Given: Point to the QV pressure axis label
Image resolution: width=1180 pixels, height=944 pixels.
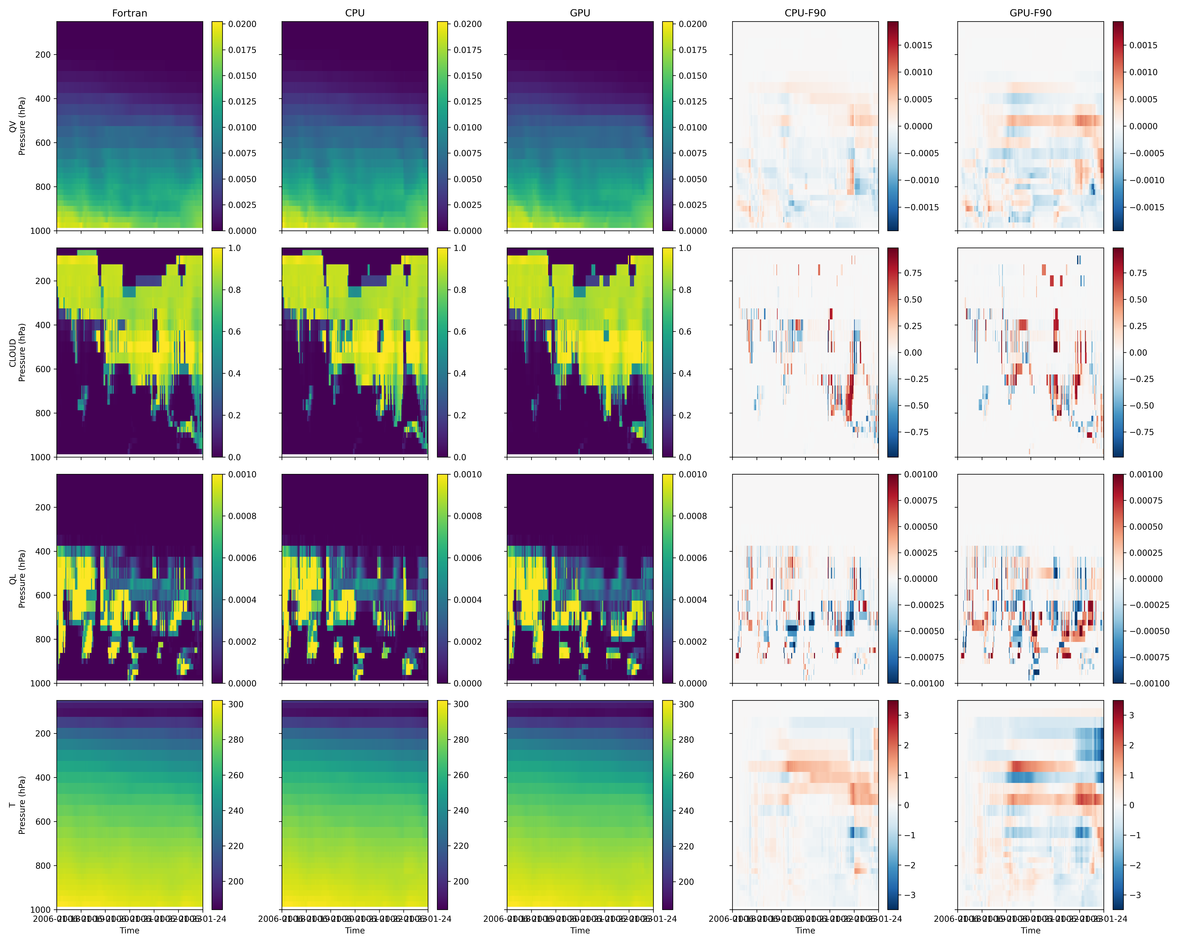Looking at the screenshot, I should point(18,126).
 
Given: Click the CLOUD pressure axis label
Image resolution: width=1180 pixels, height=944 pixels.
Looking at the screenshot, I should point(18,352).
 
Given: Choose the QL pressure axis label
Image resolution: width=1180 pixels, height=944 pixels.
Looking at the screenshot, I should point(18,578).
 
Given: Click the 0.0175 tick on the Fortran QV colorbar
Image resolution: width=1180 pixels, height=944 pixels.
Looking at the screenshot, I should point(242,50).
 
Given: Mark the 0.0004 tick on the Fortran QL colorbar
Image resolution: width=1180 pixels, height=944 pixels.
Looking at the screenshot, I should point(242,600).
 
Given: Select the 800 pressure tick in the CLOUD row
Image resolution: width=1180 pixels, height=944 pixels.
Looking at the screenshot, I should point(43,413).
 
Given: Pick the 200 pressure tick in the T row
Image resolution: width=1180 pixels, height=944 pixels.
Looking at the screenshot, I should point(43,733).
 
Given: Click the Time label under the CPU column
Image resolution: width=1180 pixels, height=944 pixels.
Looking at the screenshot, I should point(355,930).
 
